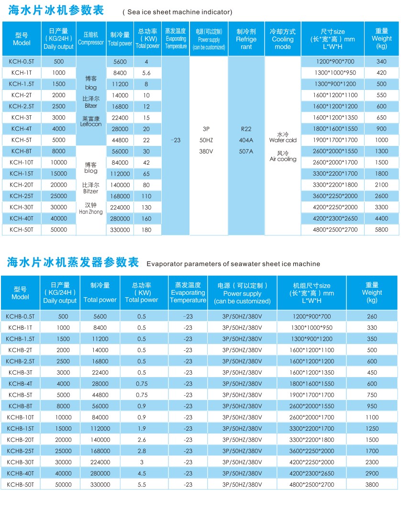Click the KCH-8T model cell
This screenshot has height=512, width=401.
[x=21, y=151]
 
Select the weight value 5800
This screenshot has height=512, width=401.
[x=381, y=230]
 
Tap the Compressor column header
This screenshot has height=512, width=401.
[x=90, y=39]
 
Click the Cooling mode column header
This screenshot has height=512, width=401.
[x=282, y=39]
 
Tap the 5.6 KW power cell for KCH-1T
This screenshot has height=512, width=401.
[x=146, y=73]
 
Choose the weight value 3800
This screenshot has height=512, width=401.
[x=372, y=485]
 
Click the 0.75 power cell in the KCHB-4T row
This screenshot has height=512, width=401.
[x=141, y=384]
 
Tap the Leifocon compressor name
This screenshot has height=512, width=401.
[x=90, y=124]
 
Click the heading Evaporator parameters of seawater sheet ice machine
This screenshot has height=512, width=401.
[x=233, y=264]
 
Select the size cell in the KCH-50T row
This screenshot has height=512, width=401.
[x=336, y=230]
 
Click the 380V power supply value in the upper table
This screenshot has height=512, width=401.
[x=205, y=151]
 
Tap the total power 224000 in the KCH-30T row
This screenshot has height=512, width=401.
[x=120, y=207]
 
